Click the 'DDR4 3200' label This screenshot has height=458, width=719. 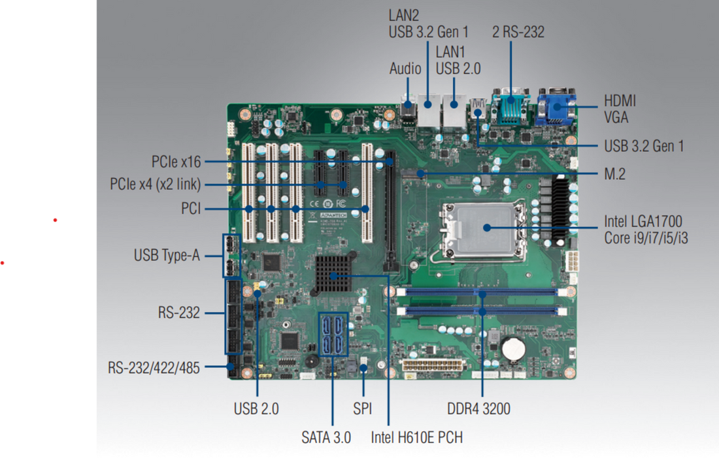tap(478, 410)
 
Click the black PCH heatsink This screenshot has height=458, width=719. tap(334, 274)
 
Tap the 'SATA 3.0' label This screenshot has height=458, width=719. tap(326, 436)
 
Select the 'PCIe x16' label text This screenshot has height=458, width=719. tap(176, 161)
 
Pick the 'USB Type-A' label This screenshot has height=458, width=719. tap(167, 255)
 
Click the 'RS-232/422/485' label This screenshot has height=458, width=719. tap(154, 367)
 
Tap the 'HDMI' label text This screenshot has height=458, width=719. tap(620, 101)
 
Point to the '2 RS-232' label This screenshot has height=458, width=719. tap(518, 31)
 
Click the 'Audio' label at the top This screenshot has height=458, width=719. tap(405, 68)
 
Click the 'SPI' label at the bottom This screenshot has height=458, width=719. tap(362, 410)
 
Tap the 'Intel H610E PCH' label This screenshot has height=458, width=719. tap(416, 436)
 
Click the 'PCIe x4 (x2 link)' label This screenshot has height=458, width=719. tap(156, 185)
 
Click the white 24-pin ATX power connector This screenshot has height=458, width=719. tap(426, 364)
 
